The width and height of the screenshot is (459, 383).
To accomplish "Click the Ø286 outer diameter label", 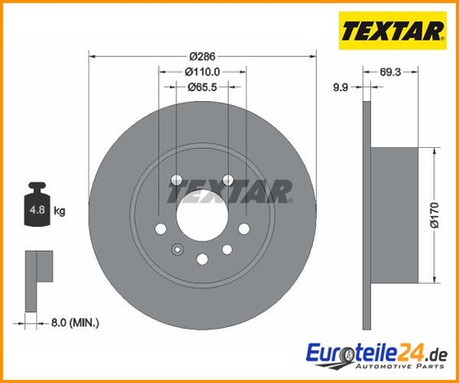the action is [202, 56].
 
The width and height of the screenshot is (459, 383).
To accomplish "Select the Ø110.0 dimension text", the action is [202, 72].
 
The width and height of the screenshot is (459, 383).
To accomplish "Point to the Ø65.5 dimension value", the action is [202, 87].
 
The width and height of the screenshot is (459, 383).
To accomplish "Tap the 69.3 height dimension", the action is [390, 72].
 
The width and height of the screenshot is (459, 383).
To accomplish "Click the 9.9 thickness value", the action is [341, 87].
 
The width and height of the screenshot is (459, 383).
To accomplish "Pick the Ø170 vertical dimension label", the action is [434, 215].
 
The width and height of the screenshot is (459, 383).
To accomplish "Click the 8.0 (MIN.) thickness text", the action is [75, 322].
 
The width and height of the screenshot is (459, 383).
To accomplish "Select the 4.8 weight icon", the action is [38, 204].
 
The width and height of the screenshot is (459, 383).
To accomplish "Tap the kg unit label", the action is [60, 211].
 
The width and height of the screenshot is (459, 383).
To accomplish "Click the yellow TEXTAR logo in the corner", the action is [393, 30].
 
